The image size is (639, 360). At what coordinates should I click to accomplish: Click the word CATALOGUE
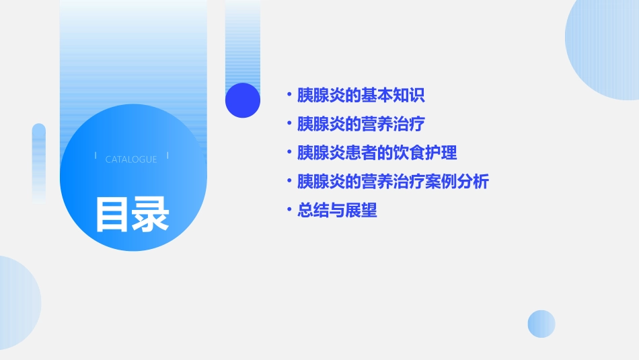click(x=131, y=159)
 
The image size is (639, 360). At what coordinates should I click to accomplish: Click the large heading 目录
click(x=132, y=214)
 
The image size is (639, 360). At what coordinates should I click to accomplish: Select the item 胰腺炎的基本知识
click(x=361, y=95)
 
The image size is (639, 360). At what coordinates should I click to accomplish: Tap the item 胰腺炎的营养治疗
click(x=361, y=124)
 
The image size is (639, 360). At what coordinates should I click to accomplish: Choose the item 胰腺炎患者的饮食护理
click(x=377, y=153)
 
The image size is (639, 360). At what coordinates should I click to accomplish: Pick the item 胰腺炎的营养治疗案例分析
click(x=393, y=182)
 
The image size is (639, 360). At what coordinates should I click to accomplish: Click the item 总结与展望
click(x=337, y=211)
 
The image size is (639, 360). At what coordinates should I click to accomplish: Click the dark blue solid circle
click(x=242, y=100)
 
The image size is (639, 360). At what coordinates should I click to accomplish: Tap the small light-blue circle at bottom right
click(x=541, y=324)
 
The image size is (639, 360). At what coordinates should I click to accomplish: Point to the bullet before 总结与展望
click(x=289, y=211)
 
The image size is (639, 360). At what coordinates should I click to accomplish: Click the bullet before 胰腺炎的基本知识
click(x=289, y=95)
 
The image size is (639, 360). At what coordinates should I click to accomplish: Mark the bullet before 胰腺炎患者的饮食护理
click(x=289, y=153)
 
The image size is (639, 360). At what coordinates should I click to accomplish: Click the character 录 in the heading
click(x=151, y=214)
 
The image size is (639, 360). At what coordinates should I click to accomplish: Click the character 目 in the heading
click(x=112, y=214)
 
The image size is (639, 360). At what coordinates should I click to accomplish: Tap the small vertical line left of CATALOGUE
click(x=96, y=156)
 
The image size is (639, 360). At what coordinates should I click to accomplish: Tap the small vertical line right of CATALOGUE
click(x=167, y=156)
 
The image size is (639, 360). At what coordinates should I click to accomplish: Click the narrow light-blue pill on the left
click(x=38, y=161)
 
